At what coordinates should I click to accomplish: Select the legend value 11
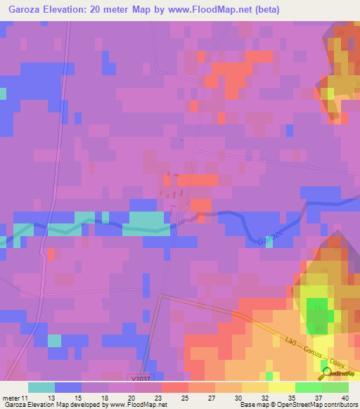click(x=26, y=397)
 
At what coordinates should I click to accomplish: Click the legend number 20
click(x=131, y=397)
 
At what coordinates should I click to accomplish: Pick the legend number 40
click(x=344, y=397)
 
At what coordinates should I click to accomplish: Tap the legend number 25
click(x=185, y=397)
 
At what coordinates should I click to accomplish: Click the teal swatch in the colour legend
click(x=41, y=387)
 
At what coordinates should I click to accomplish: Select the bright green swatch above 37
click(x=308, y=387)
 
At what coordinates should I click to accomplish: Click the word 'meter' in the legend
click(x=11, y=397)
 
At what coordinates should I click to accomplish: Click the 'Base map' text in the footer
click(x=252, y=405)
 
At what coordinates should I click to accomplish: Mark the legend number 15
click(x=78, y=397)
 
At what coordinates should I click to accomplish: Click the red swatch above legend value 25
click(x=174, y=387)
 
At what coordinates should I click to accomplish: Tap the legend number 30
click(x=238, y=397)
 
